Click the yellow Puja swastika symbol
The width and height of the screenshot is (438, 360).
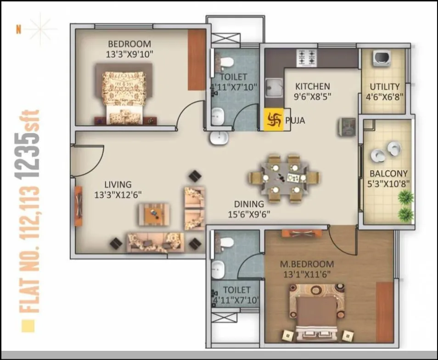[x=273, y=120]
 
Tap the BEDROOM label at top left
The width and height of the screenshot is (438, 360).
[x=129, y=44]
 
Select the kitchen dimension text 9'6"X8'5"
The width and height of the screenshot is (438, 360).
[x=312, y=96]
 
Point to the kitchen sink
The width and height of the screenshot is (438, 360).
[x=275, y=88]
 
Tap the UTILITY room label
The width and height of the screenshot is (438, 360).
[x=384, y=86]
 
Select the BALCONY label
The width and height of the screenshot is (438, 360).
[x=388, y=174]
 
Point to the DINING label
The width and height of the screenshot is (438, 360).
[x=249, y=204]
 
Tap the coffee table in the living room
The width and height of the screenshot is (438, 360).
[x=154, y=214]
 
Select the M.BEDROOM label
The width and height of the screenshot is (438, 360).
[x=307, y=264]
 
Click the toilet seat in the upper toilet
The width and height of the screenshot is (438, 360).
[x=225, y=62]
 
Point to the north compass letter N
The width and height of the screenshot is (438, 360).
[x=19, y=30]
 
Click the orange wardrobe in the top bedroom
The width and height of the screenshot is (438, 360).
[x=197, y=60]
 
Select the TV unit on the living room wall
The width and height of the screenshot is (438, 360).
[x=79, y=206]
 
